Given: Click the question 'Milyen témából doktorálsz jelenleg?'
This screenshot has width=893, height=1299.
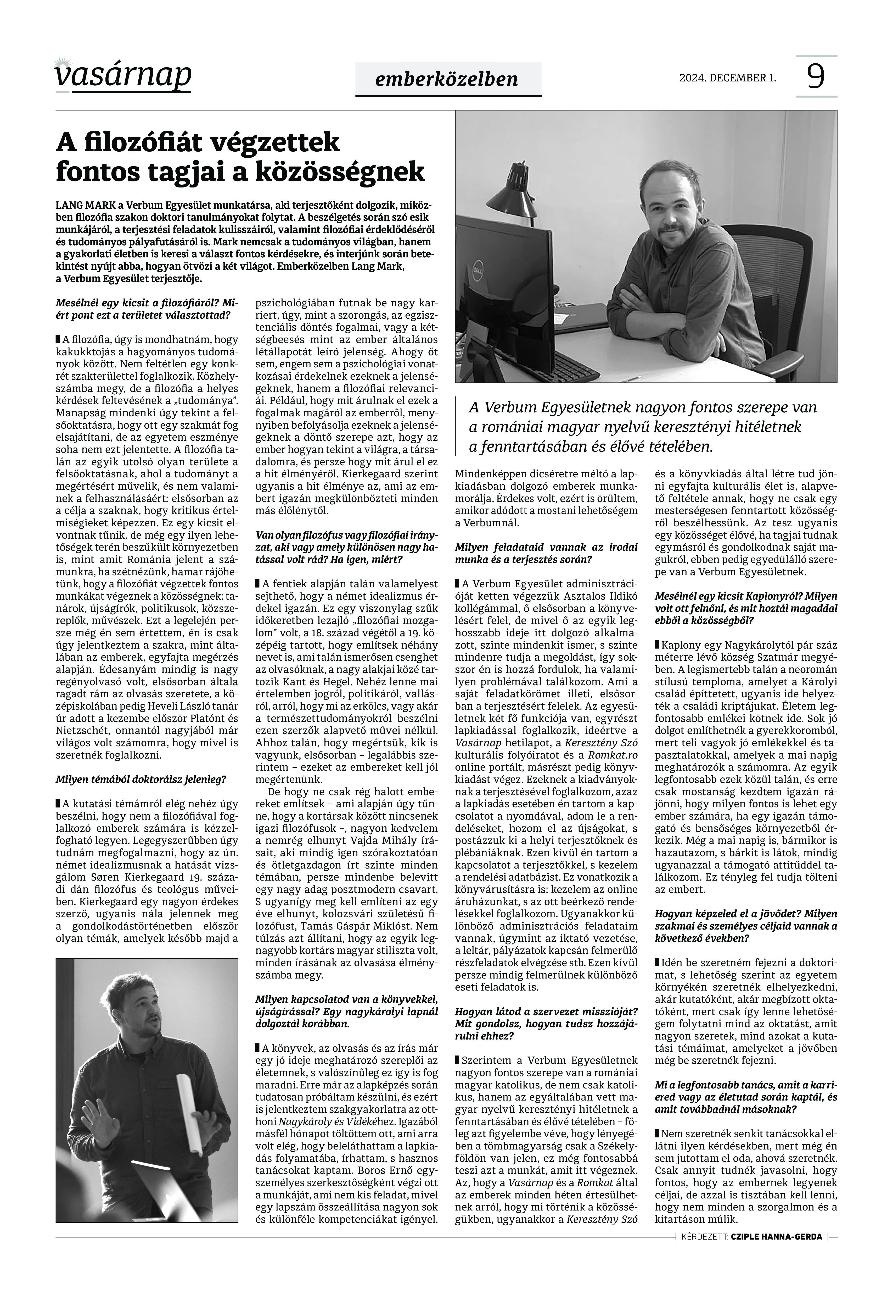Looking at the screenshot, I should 141,779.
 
